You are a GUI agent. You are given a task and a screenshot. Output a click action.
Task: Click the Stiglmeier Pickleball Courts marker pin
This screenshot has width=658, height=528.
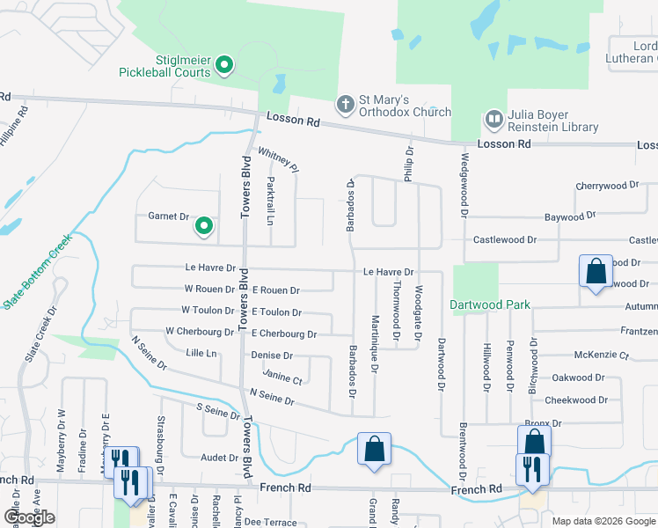click(x=223, y=64)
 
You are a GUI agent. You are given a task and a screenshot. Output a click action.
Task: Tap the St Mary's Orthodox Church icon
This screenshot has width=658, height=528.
click(x=346, y=105)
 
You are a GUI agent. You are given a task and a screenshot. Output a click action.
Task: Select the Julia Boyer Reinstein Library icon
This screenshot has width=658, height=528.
click(x=493, y=119)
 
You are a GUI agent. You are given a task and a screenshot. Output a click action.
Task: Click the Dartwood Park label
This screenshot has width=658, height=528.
click(x=490, y=304)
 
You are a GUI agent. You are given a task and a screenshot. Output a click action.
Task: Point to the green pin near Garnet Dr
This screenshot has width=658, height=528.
click(x=204, y=227)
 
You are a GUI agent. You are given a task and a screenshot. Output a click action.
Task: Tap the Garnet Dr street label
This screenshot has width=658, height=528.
click(x=169, y=216)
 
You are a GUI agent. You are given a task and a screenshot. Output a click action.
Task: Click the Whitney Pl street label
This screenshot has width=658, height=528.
click(x=280, y=158)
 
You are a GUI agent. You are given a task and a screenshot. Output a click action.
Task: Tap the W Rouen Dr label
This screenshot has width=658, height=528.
click(x=209, y=290)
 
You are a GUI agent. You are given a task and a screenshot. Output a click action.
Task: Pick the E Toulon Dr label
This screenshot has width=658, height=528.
click(x=277, y=312)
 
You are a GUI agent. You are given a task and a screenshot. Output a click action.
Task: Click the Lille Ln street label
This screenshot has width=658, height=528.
click(x=201, y=353)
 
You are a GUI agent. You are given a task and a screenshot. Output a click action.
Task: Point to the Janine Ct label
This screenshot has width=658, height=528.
click(x=283, y=379)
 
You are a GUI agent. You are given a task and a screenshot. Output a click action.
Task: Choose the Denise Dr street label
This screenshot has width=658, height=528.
click(x=272, y=356)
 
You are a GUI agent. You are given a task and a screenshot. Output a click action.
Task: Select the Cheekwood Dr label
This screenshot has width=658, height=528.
click(x=577, y=400)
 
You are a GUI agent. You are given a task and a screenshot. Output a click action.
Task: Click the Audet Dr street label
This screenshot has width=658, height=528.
click(x=220, y=458)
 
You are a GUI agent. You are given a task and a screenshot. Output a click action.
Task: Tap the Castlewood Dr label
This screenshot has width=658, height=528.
click(x=505, y=239)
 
